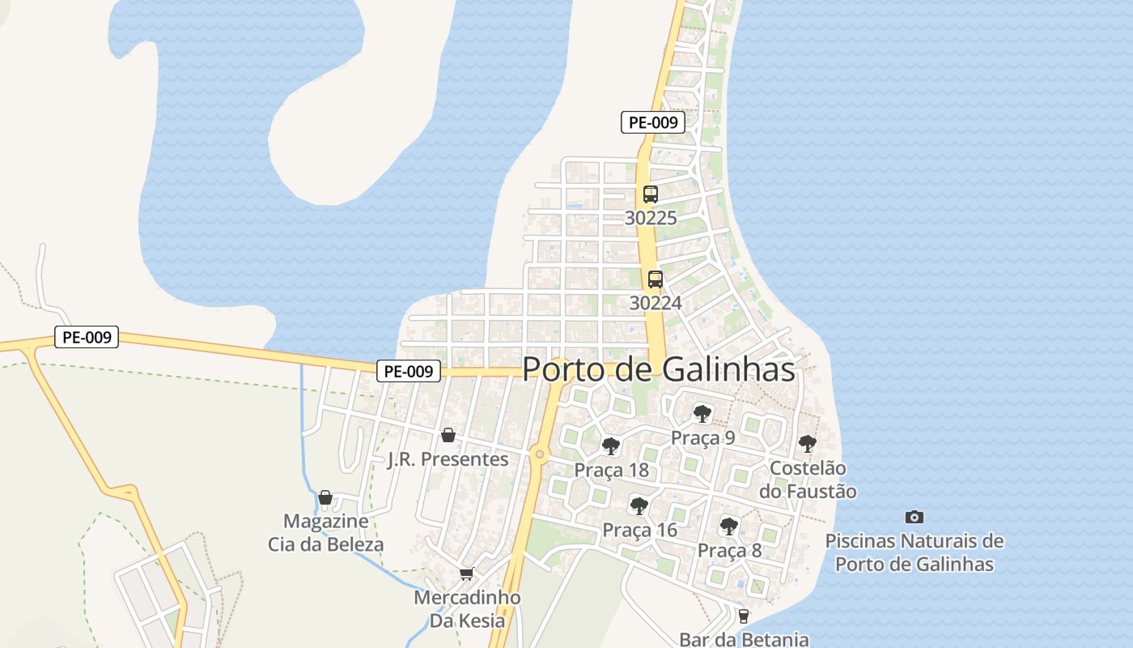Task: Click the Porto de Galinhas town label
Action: coord(658,369)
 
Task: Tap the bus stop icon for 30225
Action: coord(651,194)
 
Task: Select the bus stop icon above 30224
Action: coord(656,279)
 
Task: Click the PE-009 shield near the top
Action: coord(653,123)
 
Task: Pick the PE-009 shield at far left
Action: coord(87,337)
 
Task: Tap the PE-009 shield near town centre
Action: coord(409,372)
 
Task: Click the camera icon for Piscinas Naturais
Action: coord(914,517)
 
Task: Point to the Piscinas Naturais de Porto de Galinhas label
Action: coord(914,552)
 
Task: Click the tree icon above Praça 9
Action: coord(702,414)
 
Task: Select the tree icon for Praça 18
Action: coord(611,446)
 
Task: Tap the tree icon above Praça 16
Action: coord(639,506)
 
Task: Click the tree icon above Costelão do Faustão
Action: coord(807,443)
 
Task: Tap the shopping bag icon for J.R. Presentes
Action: coord(448,436)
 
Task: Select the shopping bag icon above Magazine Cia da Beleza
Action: coord(325,497)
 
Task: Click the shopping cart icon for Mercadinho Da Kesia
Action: coord(466,574)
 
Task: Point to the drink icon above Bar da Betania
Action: coord(744,616)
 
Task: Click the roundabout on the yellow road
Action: coord(540,454)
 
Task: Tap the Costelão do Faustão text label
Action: coord(813,480)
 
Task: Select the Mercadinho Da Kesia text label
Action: coord(467,609)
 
